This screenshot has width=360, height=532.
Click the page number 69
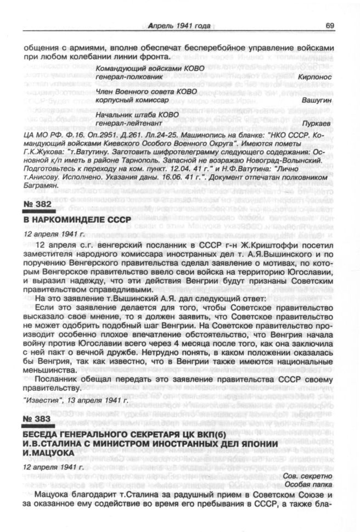point(330,25)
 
